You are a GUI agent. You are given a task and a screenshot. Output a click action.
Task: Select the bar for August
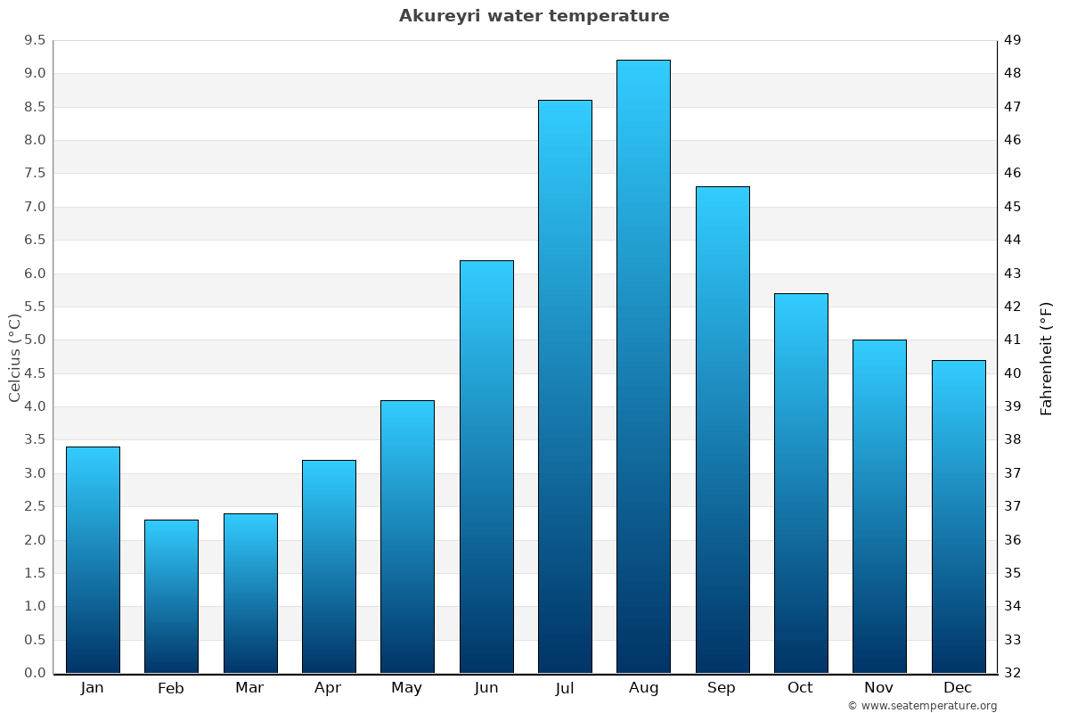(643, 366)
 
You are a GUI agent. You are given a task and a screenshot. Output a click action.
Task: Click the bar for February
(171, 596)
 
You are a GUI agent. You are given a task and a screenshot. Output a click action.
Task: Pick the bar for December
(959, 516)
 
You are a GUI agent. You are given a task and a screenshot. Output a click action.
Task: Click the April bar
(329, 566)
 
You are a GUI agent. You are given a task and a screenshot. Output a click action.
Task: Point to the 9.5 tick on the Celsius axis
(35, 40)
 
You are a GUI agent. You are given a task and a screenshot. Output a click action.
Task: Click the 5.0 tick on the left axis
(35, 340)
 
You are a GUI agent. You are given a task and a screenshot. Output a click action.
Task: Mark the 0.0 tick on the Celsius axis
(35, 673)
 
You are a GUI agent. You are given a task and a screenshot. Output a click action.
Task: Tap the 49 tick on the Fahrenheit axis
(1012, 40)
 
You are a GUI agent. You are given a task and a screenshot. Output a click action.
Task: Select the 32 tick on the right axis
(1012, 673)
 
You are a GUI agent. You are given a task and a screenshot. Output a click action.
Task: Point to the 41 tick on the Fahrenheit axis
(1012, 340)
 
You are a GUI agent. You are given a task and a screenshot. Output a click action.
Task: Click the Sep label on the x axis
(722, 688)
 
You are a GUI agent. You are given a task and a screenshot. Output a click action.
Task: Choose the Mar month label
(249, 688)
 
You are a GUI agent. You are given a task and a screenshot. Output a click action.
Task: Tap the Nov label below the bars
(879, 688)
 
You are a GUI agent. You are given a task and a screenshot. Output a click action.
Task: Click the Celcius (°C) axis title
(14, 357)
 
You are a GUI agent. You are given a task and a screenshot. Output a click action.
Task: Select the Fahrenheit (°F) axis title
(1047, 357)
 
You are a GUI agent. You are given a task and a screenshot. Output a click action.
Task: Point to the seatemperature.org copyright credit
(922, 706)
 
